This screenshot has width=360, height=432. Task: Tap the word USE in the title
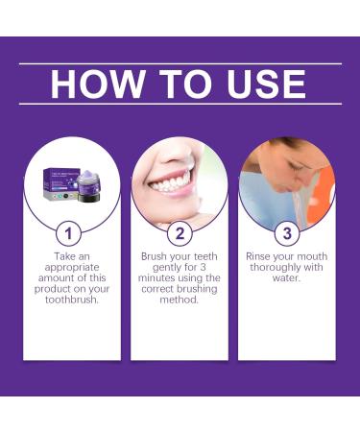tap(261, 84)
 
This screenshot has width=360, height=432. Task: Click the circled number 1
tap(65, 233)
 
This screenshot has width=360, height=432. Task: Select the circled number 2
tap(180, 233)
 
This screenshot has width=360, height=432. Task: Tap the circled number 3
tap(286, 233)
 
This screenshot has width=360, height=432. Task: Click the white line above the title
tap(180, 63)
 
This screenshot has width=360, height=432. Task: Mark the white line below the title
tap(180, 104)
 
